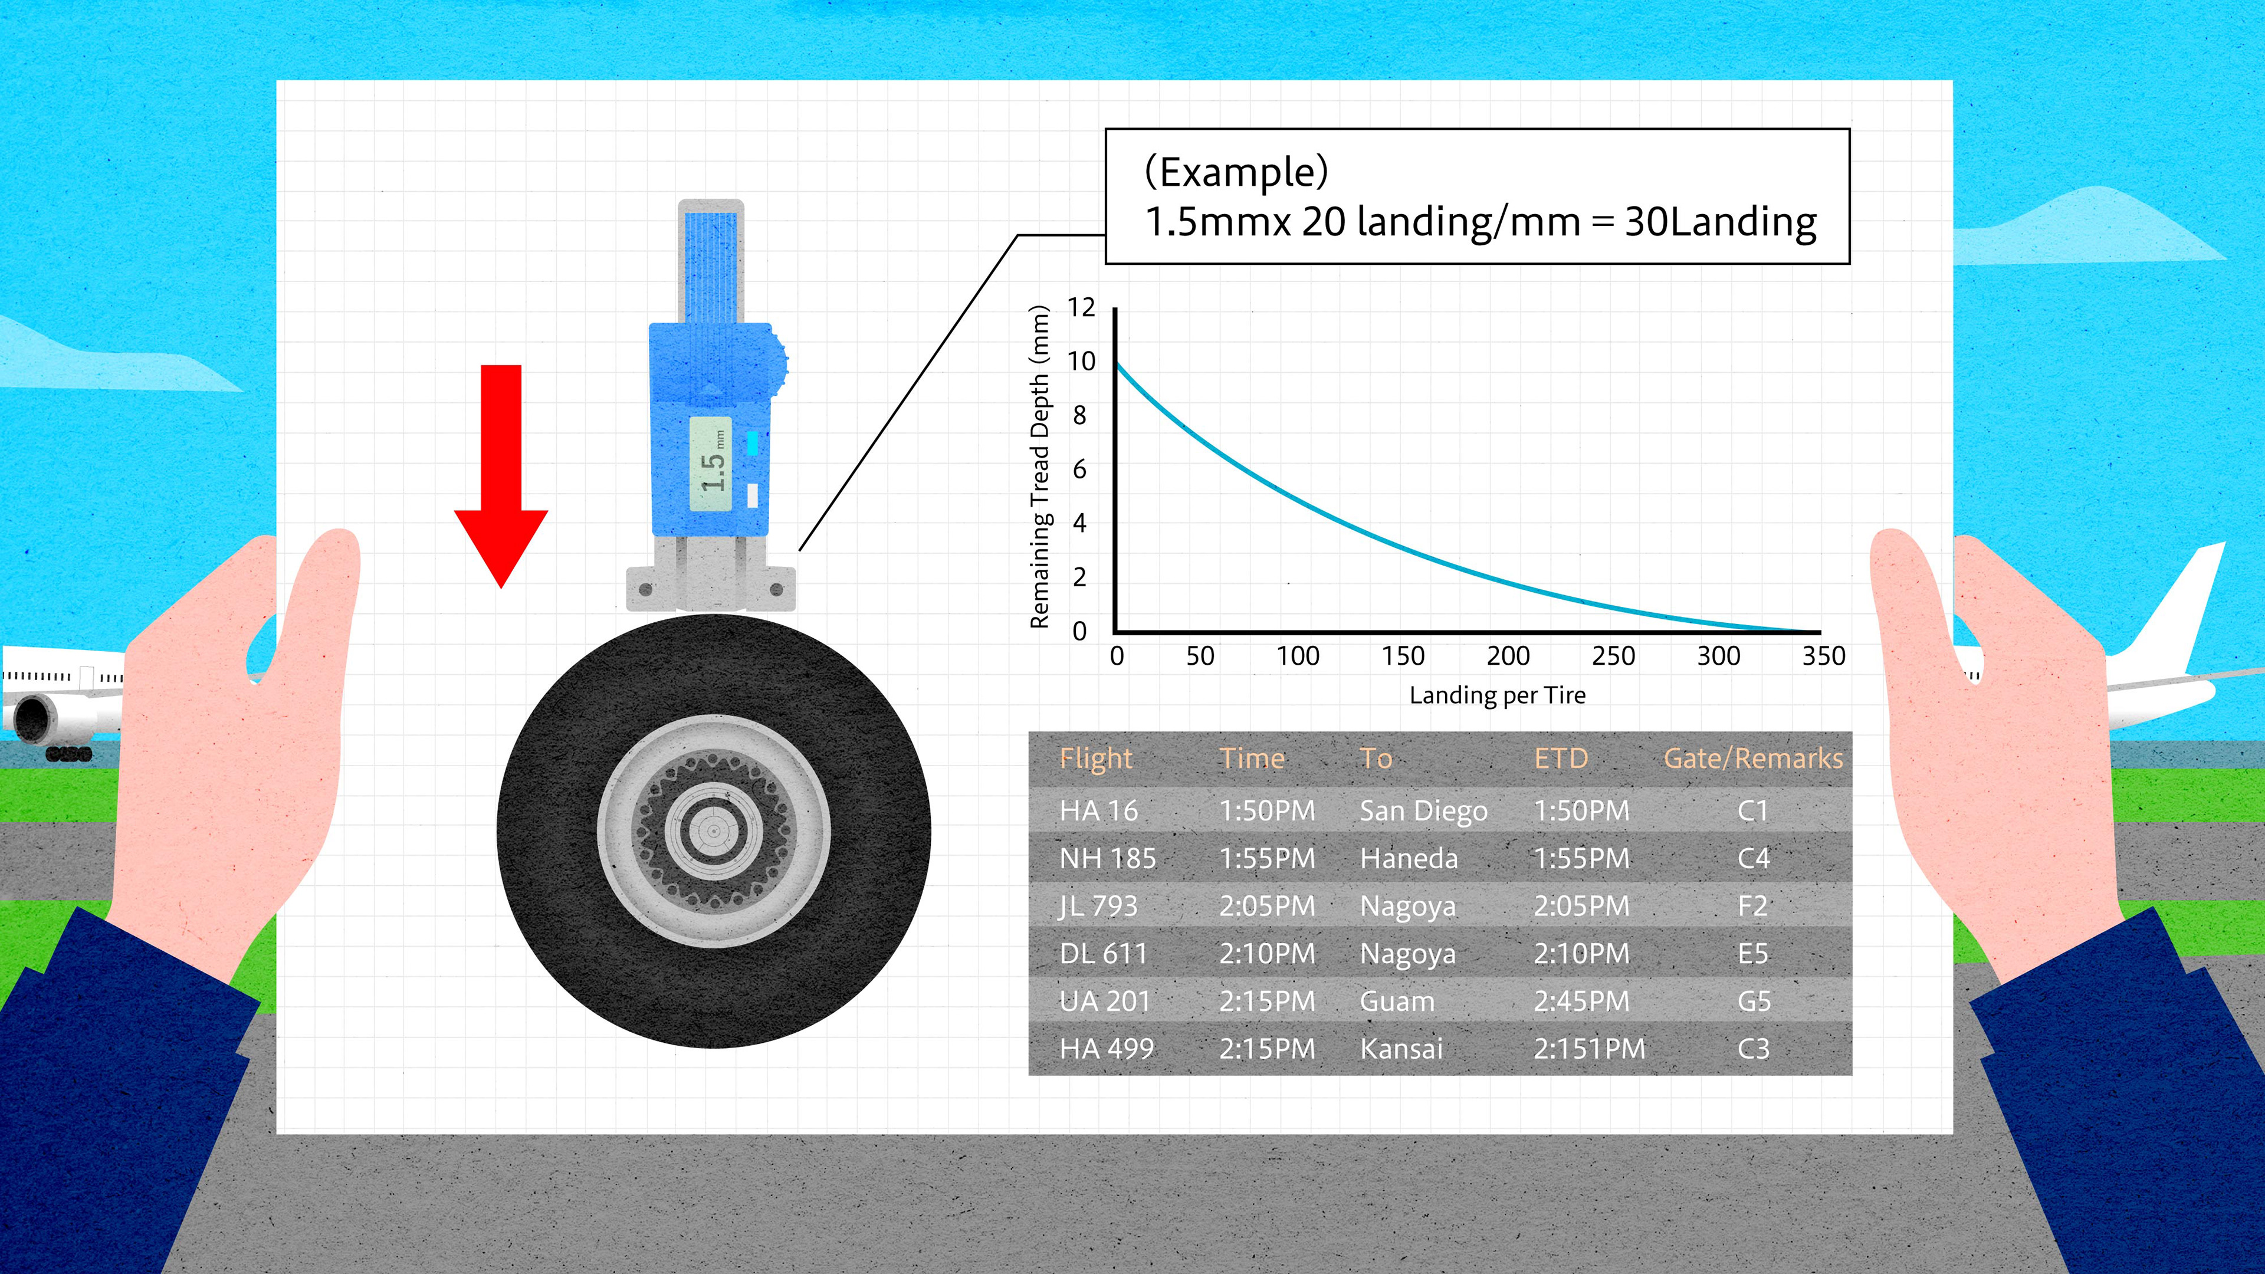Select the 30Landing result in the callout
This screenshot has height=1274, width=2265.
(x=1720, y=222)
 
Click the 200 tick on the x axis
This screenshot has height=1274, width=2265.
(x=1508, y=656)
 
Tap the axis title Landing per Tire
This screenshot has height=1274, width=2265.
(x=1498, y=695)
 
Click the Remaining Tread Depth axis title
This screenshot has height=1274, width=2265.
(x=1039, y=467)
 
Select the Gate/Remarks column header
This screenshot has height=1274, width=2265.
(x=1753, y=759)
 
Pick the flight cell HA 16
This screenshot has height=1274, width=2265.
(x=1098, y=810)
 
